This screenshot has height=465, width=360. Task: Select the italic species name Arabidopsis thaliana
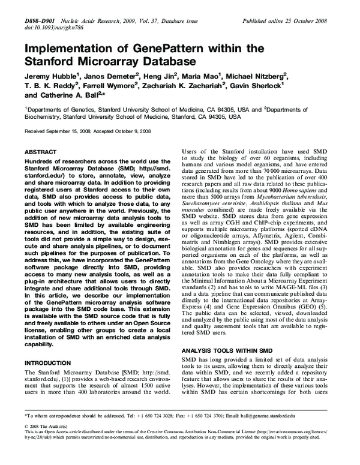pos(272,203)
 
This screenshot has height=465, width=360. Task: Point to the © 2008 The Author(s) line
pos(49,425)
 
